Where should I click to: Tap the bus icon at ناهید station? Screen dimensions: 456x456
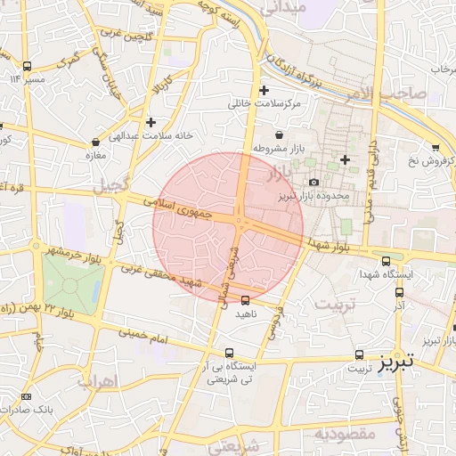point(246,300)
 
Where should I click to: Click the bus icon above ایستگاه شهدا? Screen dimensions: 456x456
point(386,262)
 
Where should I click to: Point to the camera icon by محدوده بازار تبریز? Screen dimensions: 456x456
point(313,183)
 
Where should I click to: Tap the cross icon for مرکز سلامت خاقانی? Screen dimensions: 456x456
point(263,90)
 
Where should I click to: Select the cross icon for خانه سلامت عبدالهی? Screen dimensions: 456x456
point(151,122)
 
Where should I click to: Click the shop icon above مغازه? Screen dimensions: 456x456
point(95,142)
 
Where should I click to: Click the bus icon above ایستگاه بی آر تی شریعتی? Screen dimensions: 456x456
point(230,353)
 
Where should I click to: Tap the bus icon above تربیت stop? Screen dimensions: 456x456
point(360,354)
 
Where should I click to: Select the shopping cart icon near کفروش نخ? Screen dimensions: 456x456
point(435,147)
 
